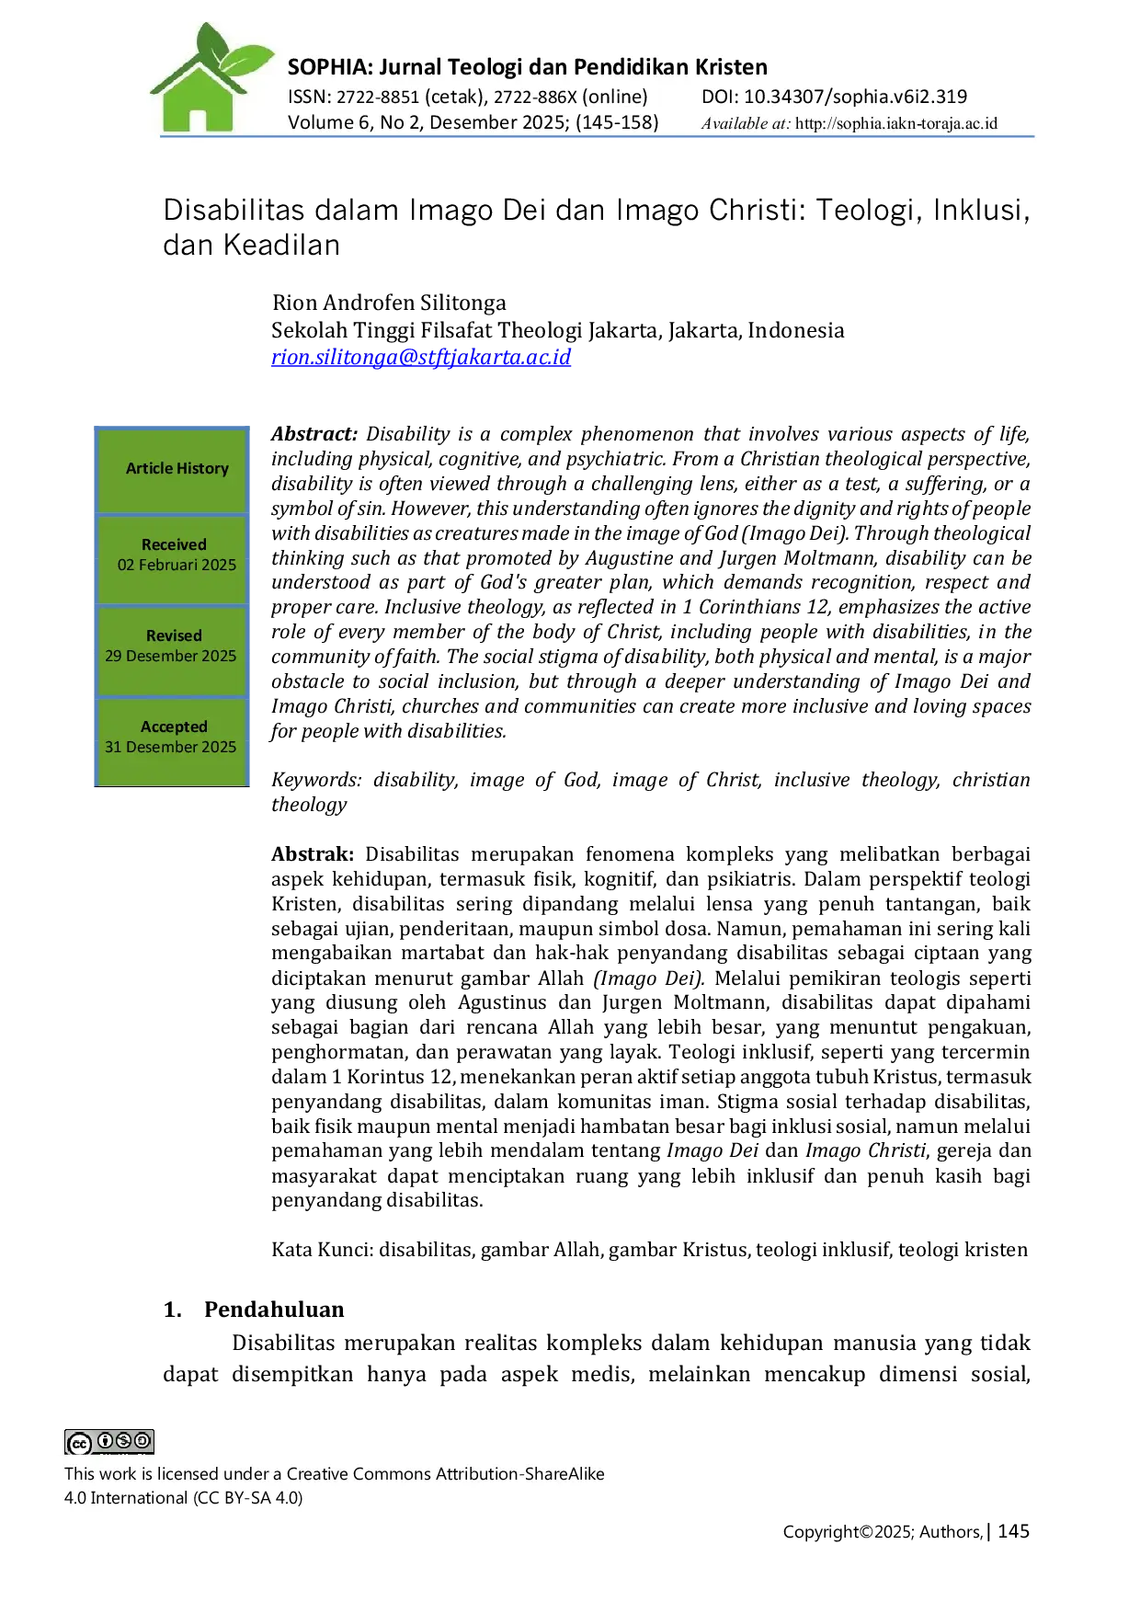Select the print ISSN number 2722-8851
click(x=378, y=97)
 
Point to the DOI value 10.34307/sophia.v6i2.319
click(x=855, y=97)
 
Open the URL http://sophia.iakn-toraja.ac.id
click(x=895, y=123)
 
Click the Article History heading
click(x=177, y=468)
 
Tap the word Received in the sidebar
click(x=174, y=544)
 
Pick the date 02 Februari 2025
click(x=177, y=565)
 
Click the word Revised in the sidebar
click(x=174, y=635)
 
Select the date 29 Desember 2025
click(x=170, y=656)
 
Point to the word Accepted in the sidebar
click(x=174, y=726)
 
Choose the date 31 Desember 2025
click(x=170, y=747)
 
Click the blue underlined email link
click(x=422, y=357)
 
